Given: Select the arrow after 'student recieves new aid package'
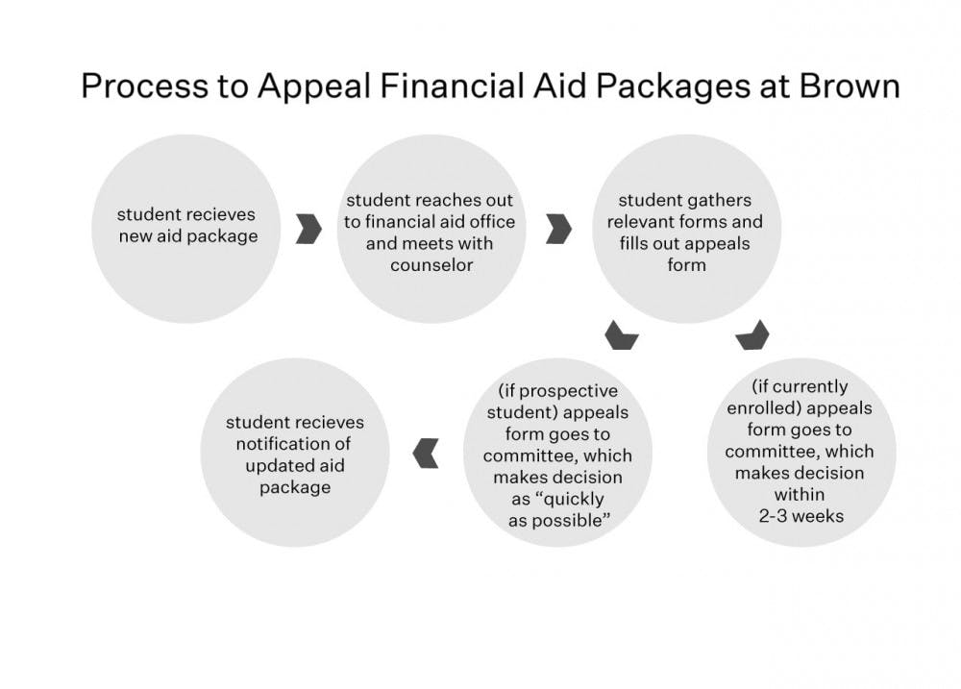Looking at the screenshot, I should click(308, 229).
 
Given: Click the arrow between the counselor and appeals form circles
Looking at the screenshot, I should click(558, 229).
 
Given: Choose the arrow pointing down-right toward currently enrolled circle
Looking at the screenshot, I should click(752, 334).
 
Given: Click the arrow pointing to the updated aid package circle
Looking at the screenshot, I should click(425, 452).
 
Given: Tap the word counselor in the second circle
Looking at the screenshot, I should click(431, 264).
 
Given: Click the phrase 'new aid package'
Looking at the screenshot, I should click(188, 235).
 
